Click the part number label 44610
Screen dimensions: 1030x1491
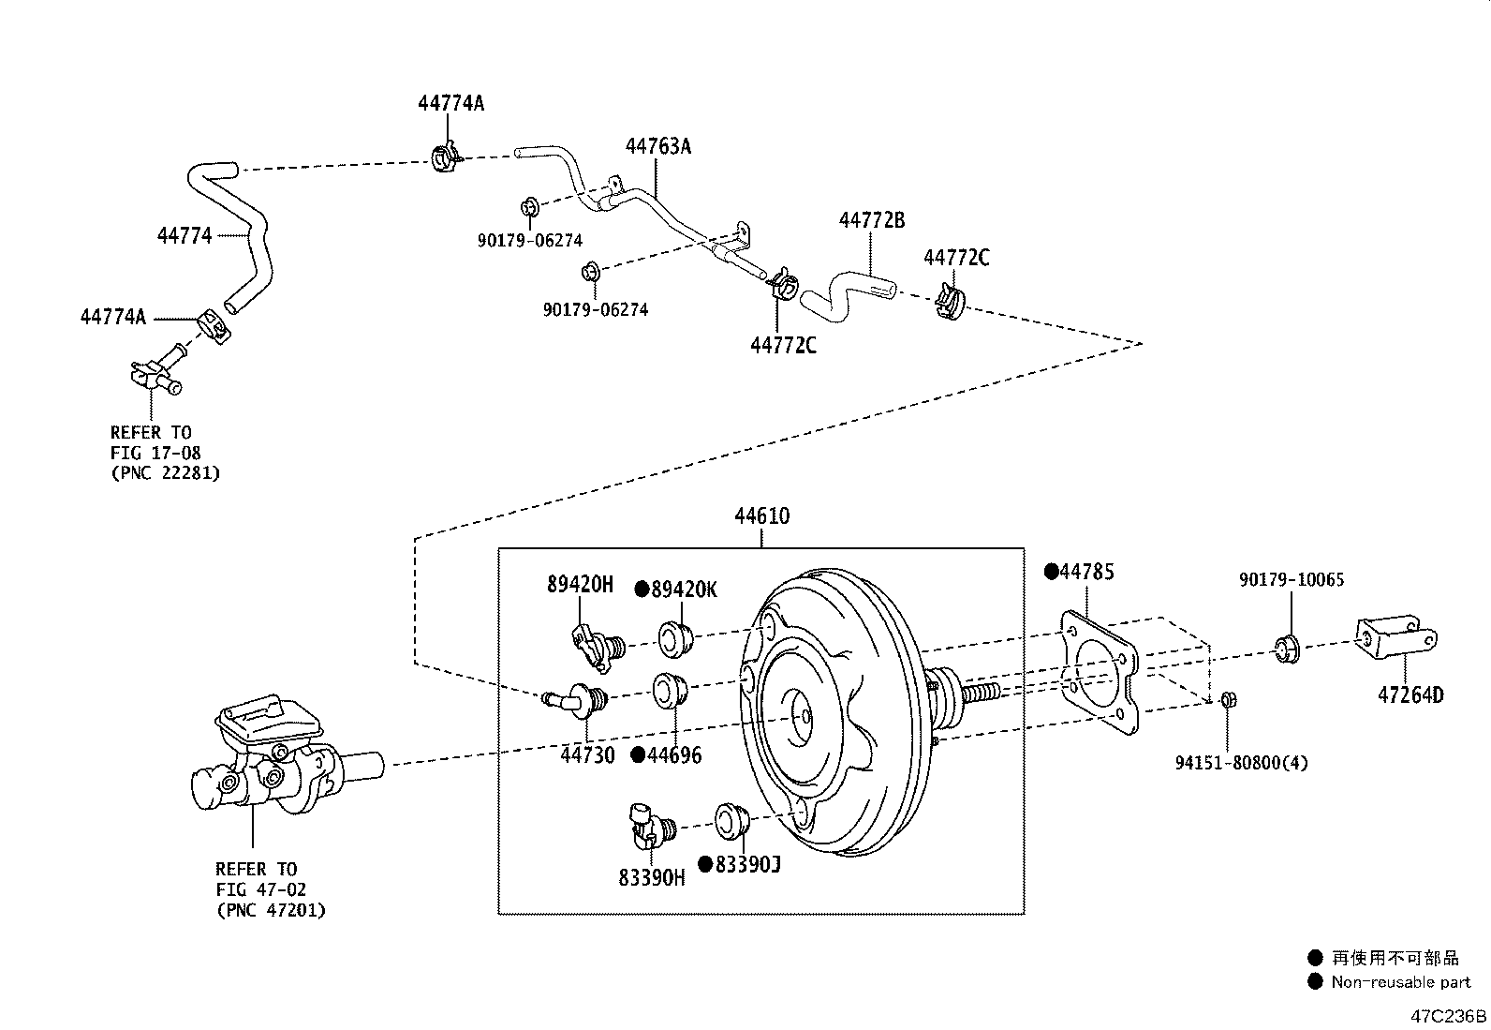tap(761, 515)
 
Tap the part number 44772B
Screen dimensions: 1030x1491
tap(871, 220)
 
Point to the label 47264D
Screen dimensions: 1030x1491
tap(1410, 695)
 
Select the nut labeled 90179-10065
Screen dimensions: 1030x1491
tap(1289, 647)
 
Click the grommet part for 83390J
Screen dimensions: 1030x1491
tap(731, 820)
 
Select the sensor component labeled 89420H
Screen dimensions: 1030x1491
tap(597, 645)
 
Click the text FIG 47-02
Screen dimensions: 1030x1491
tap(260, 889)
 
